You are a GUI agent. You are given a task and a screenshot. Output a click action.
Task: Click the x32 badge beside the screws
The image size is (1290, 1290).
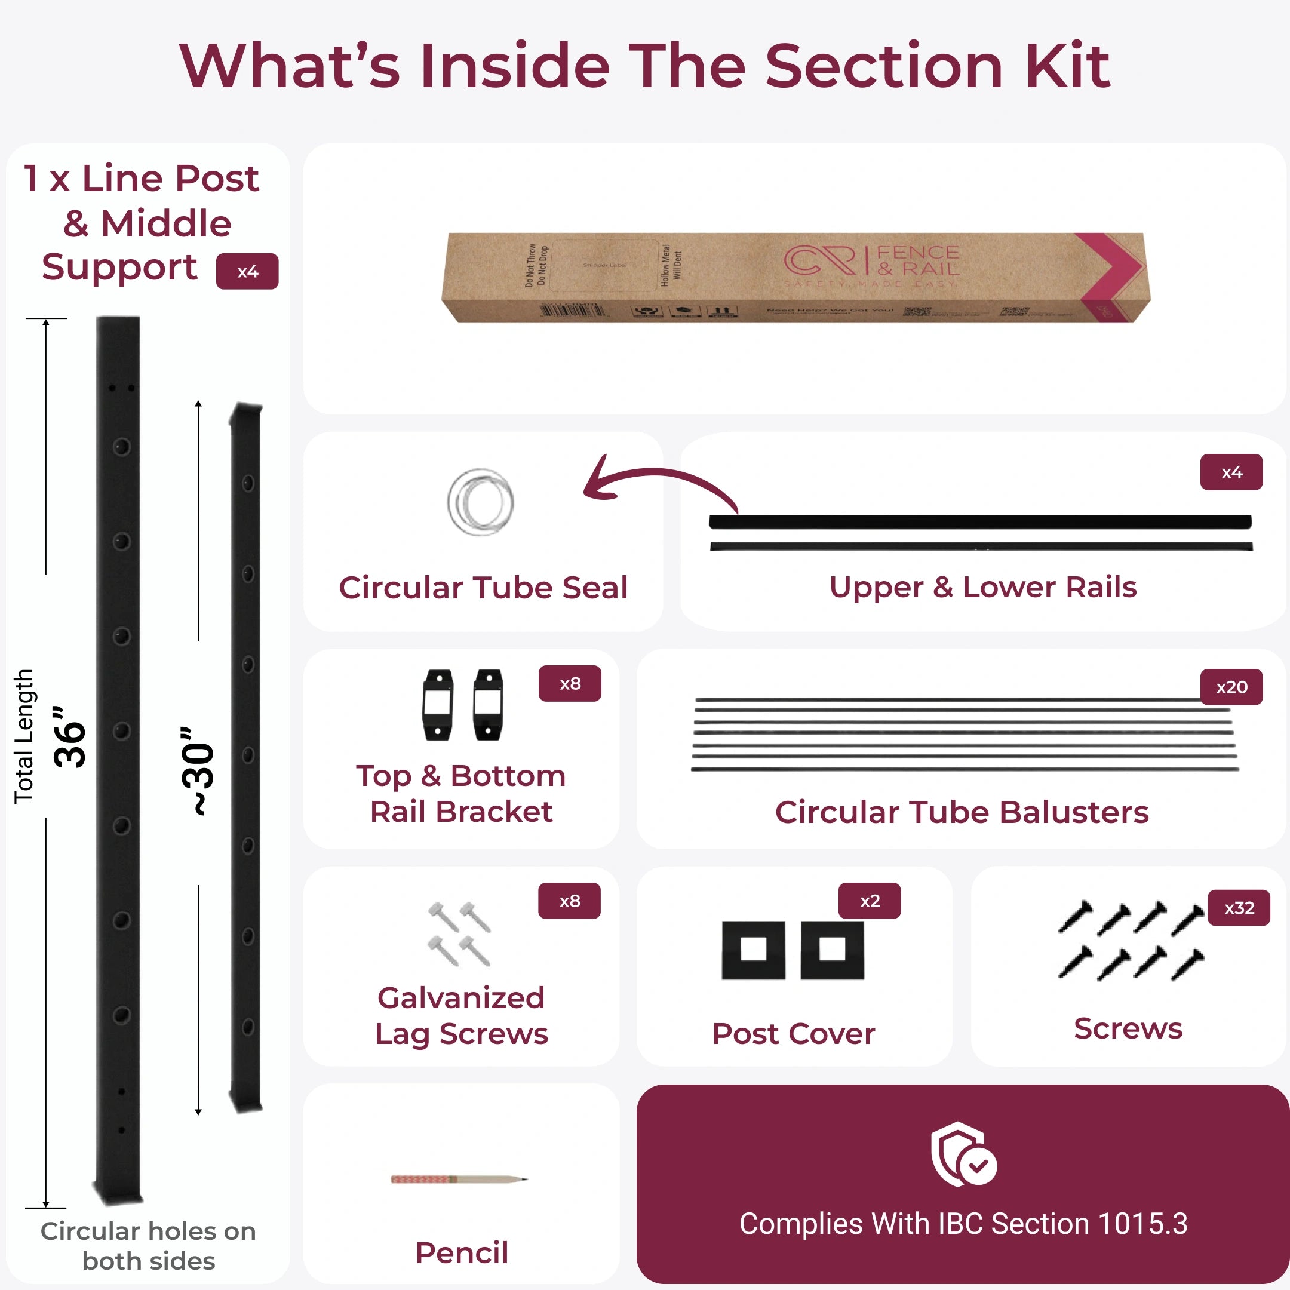(1239, 908)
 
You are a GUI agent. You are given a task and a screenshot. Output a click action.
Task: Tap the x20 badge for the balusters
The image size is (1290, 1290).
(1231, 687)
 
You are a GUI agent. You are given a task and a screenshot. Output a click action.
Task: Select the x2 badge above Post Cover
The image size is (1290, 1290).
(870, 901)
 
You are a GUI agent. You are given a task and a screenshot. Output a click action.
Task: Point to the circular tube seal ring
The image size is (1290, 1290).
(480, 502)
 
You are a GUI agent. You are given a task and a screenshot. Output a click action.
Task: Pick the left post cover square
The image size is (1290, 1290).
(753, 950)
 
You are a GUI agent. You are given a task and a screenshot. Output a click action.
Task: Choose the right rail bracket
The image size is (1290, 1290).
(488, 705)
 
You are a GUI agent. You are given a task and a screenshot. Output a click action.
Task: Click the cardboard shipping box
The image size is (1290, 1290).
(794, 278)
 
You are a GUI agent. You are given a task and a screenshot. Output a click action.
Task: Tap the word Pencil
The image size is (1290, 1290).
(462, 1252)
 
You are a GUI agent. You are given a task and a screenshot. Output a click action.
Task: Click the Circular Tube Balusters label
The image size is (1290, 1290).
(962, 812)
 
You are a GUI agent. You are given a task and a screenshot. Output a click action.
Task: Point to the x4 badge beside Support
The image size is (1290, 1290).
(247, 272)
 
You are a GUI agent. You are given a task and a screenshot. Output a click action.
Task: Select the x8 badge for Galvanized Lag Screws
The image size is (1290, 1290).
(570, 901)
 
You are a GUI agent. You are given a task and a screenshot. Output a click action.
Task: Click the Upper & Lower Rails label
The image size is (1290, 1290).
(982, 587)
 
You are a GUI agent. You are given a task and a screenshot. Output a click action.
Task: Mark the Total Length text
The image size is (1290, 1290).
(24, 736)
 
